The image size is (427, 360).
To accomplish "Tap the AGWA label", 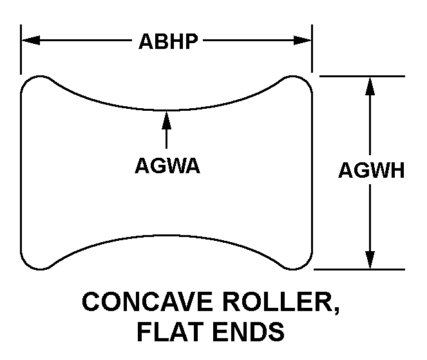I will coord(167,166).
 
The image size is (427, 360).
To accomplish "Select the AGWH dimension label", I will coord(371,171).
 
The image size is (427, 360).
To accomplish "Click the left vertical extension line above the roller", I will coord(21,49).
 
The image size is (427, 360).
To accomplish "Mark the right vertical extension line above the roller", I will coord(312,49).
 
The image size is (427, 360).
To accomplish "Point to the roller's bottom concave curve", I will coord(167,235).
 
